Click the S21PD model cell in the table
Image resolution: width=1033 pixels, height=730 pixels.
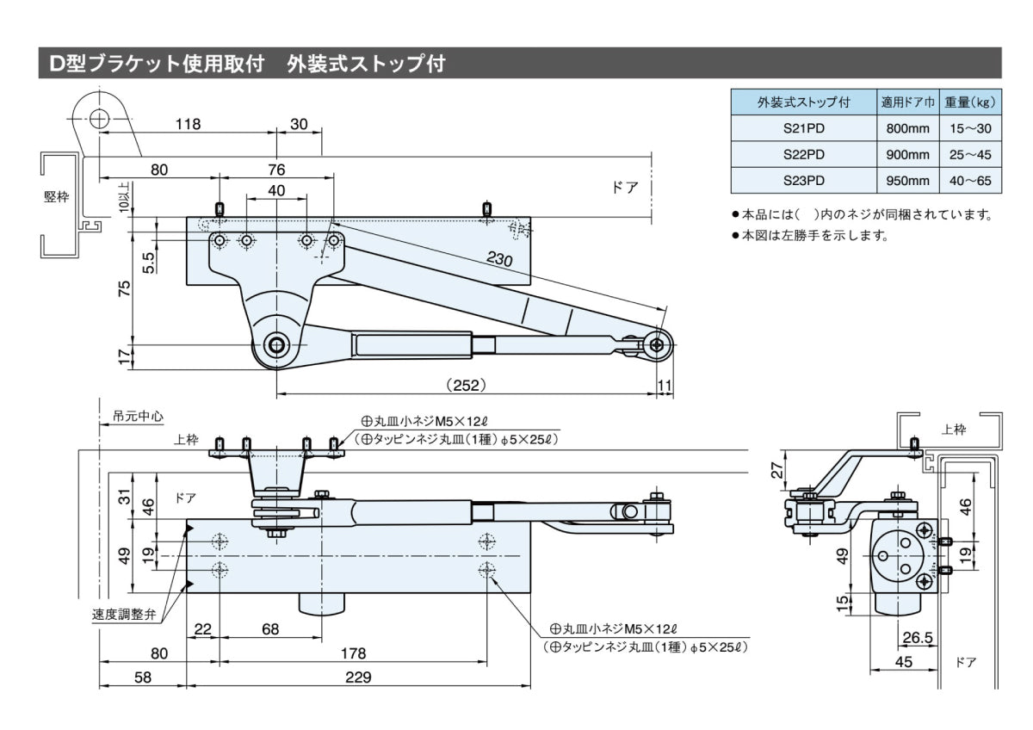(x=803, y=128)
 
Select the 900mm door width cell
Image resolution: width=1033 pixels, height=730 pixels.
(x=907, y=154)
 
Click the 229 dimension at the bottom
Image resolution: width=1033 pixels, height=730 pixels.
(x=357, y=677)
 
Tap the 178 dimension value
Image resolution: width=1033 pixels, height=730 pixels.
(x=353, y=653)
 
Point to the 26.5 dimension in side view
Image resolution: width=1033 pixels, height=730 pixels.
(x=919, y=638)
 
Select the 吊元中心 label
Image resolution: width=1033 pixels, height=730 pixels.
(x=138, y=416)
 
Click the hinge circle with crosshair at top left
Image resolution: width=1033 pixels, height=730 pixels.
(x=99, y=118)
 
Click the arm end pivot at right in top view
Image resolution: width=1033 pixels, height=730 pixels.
(x=658, y=344)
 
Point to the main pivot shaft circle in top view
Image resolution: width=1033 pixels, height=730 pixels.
(x=277, y=344)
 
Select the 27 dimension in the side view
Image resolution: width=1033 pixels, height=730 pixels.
(x=778, y=469)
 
